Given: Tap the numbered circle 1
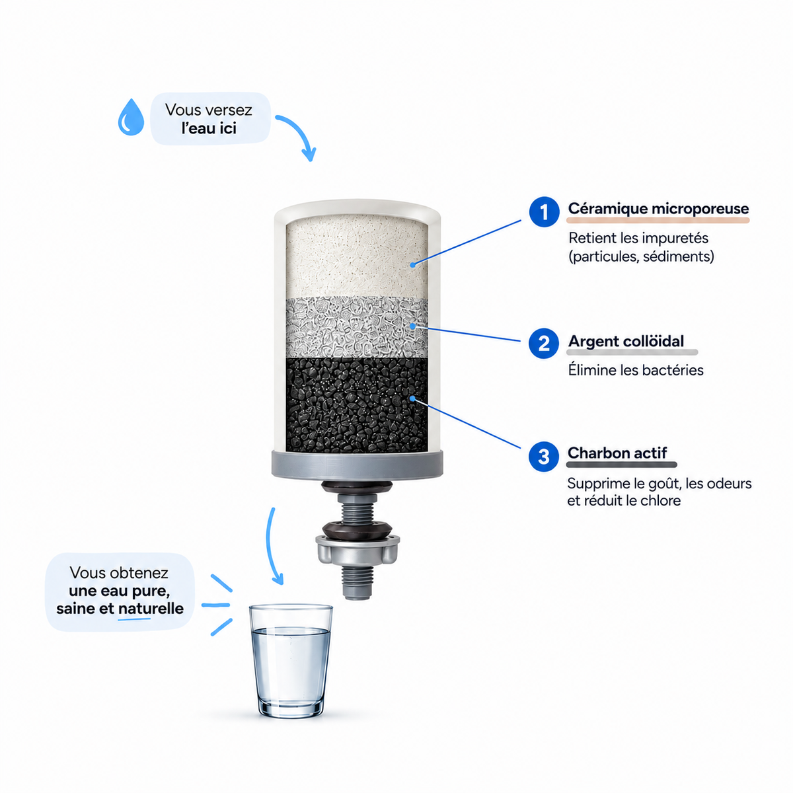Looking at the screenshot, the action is (x=544, y=212).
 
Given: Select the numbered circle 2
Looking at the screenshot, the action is (x=544, y=343).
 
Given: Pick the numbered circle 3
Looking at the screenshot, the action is (x=544, y=457).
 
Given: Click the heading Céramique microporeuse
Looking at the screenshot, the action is (x=658, y=208).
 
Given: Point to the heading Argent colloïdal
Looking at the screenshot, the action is (x=626, y=341).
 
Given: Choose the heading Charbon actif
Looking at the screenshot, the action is (x=617, y=453).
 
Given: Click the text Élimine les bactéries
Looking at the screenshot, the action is (x=636, y=370).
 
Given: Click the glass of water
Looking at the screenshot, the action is (x=291, y=661).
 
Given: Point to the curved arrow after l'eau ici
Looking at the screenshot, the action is (x=303, y=131).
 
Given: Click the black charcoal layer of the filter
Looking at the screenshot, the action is (x=357, y=405).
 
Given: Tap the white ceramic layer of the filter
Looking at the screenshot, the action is (x=357, y=257).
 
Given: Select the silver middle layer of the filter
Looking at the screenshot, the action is (x=357, y=327).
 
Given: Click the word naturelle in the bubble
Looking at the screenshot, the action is (x=151, y=608).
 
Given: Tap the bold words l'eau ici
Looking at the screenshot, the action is (x=209, y=128).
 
